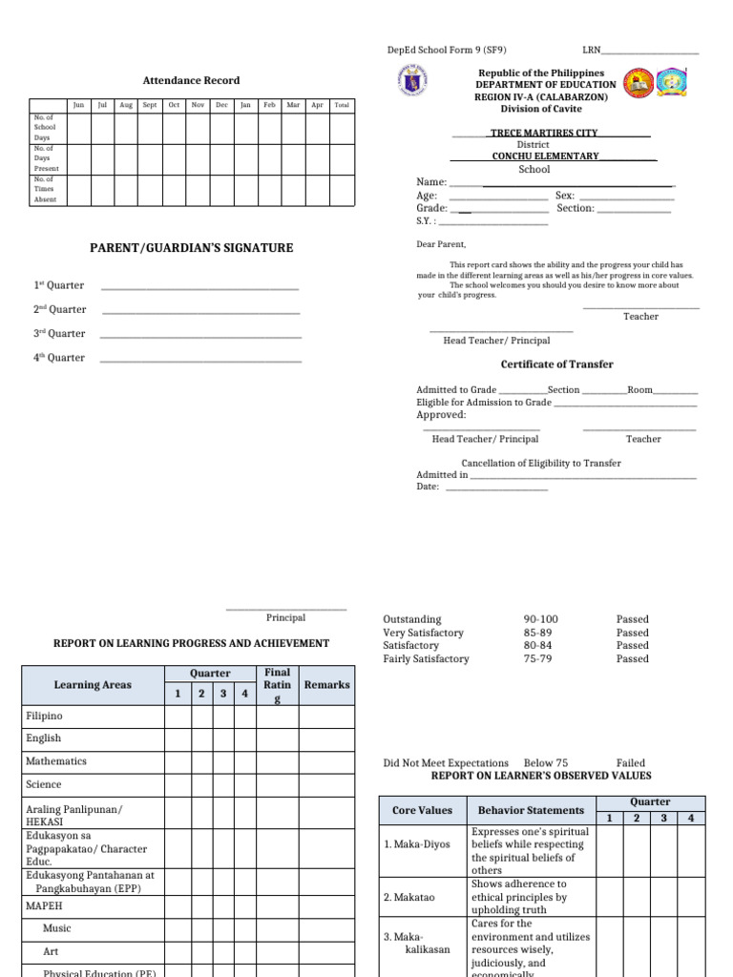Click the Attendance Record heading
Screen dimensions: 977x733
(191, 81)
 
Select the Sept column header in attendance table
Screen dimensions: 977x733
(150, 105)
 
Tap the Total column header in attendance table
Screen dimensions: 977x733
(342, 105)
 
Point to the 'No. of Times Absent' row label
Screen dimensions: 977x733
(45, 189)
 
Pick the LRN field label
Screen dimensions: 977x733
(592, 50)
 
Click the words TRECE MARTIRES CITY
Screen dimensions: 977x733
(544, 134)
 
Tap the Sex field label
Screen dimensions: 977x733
(565, 196)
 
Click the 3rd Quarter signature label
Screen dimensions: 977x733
(59, 334)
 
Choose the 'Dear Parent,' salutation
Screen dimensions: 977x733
(441, 244)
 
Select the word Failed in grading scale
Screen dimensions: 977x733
(631, 763)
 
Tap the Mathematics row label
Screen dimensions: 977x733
(56, 761)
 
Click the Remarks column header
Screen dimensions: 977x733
(326, 685)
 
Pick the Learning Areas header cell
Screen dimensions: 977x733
(93, 685)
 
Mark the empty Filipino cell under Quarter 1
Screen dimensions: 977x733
(178, 716)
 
